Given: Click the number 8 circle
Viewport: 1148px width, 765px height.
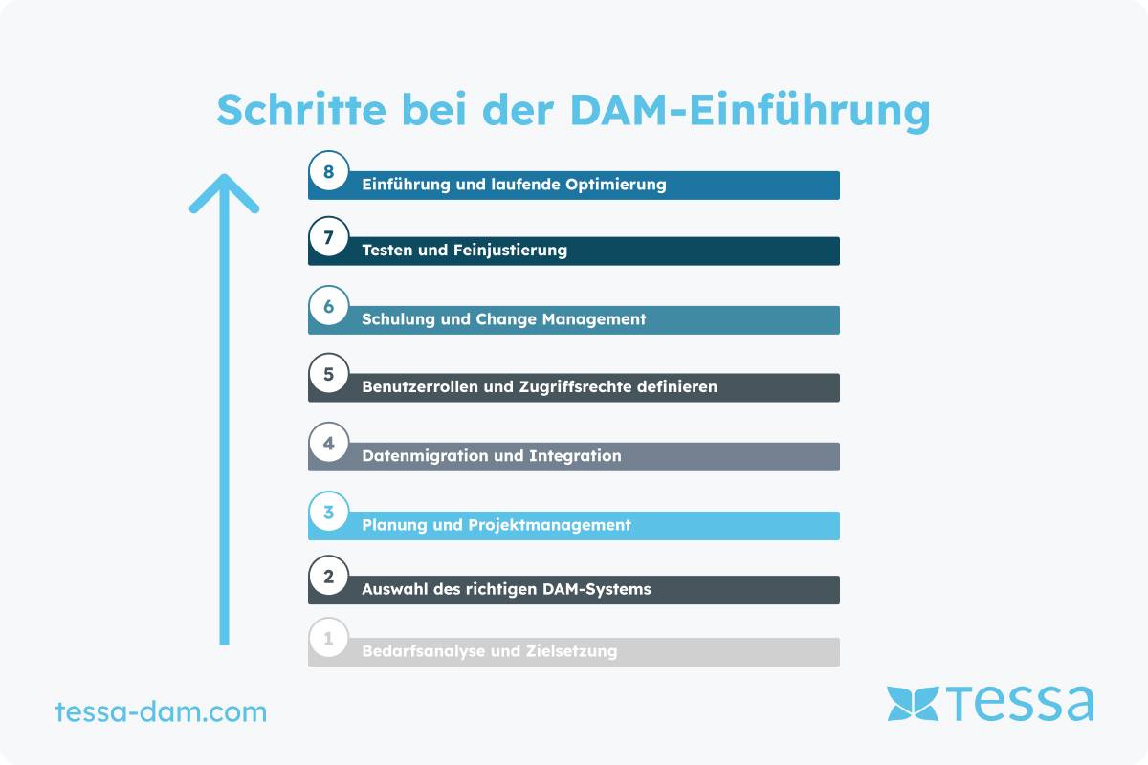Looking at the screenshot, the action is (328, 171).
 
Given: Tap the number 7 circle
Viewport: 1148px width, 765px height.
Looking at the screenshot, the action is (328, 237).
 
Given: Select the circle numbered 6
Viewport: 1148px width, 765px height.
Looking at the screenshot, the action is (328, 306).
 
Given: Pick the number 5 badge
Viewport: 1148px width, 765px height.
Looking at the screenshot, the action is (328, 374).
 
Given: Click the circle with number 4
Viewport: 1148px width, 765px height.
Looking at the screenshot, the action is (328, 443).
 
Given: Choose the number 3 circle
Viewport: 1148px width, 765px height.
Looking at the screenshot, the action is (328, 512).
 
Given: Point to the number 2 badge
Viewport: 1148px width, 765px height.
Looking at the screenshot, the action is (328, 576).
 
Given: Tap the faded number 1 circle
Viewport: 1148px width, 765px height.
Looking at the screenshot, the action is (328, 638).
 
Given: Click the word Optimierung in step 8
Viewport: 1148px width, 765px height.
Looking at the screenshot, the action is (615, 185).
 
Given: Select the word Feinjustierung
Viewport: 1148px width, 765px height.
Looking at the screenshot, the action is (511, 251).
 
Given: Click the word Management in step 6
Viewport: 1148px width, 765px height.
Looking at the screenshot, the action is (594, 319).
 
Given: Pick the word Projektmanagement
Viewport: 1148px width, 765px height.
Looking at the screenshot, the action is (549, 525).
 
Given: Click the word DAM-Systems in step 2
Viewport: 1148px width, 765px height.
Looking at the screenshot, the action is (597, 590).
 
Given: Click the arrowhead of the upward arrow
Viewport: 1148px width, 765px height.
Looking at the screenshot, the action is (224, 193).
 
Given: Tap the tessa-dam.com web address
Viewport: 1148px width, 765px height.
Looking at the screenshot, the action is (161, 711).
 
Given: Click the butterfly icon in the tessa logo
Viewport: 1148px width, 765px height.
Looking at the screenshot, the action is (913, 704).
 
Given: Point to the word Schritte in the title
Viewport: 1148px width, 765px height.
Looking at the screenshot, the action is (301, 110).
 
